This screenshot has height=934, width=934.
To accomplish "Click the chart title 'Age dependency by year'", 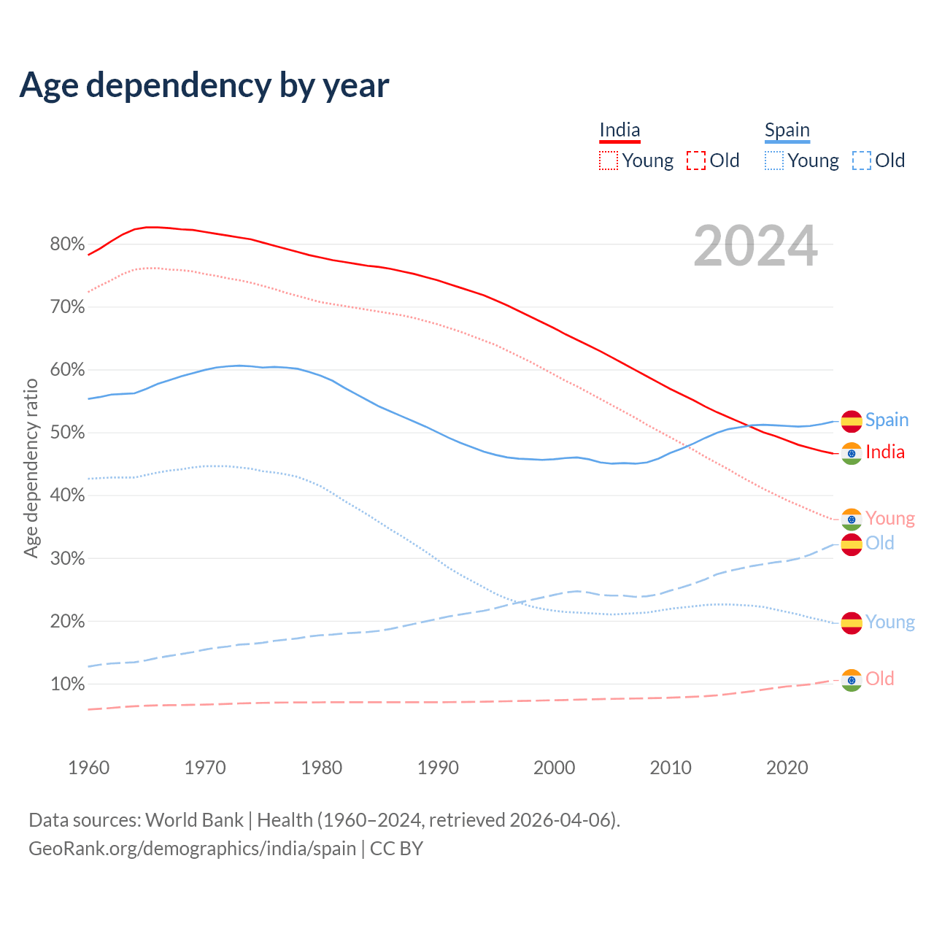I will pyautogui.click(x=204, y=85).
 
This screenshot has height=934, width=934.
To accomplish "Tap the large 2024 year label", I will pyautogui.click(x=755, y=246).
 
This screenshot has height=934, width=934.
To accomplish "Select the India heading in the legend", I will pyautogui.click(x=620, y=130).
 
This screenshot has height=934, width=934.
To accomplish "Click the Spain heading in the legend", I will pyautogui.click(x=787, y=130).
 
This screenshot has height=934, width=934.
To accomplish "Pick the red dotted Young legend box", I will pyautogui.click(x=608, y=161).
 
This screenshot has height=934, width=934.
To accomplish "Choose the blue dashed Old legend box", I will pyautogui.click(x=861, y=161).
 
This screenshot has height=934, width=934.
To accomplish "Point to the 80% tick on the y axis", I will pyautogui.click(x=67, y=244).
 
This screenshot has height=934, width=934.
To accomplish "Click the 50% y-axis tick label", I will pyautogui.click(x=67, y=433).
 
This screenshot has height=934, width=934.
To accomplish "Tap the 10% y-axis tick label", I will pyautogui.click(x=67, y=684).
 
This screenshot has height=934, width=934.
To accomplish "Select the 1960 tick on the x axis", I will pyautogui.click(x=88, y=768).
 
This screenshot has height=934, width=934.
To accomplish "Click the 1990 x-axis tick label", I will pyautogui.click(x=438, y=768).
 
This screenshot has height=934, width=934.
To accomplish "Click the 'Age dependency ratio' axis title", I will pyautogui.click(x=31, y=468).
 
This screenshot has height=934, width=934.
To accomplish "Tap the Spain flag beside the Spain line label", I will pyautogui.click(x=852, y=421).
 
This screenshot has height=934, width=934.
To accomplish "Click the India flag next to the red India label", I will pyautogui.click(x=852, y=453).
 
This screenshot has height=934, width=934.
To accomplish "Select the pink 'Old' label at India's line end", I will pyautogui.click(x=879, y=679).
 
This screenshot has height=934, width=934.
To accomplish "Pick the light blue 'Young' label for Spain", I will pyautogui.click(x=889, y=622).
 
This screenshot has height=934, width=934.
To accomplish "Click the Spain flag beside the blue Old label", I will pyautogui.click(x=852, y=544).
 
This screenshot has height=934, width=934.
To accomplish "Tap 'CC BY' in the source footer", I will pyautogui.click(x=396, y=849).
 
